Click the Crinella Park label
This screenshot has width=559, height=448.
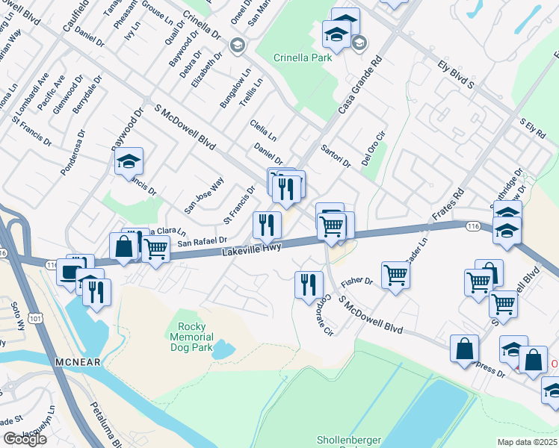click(302, 57)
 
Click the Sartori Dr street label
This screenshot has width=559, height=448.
click(336, 157)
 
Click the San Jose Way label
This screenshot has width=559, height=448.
click(204, 196)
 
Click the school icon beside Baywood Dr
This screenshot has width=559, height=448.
click(129, 160)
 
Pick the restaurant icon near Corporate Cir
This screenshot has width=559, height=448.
click(307, 284)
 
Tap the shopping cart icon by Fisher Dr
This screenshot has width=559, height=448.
click(395, 273)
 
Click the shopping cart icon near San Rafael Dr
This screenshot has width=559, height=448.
click(155, 249)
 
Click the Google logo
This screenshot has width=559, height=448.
click(25, 439)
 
